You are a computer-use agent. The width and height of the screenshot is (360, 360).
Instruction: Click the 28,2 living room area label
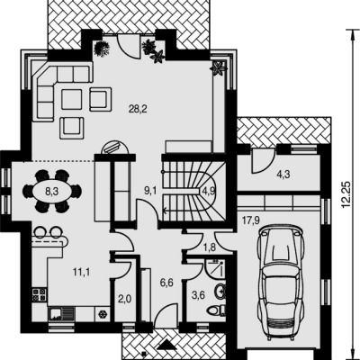click(x=138, y=109)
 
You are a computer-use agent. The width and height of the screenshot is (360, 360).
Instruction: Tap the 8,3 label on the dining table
click(x=51, y=192)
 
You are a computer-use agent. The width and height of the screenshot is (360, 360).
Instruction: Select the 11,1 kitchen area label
click(x=81, y=272)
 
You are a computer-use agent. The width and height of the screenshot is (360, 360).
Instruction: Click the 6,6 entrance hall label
click(x=166, y=283)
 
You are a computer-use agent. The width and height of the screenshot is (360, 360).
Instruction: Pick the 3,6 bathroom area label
click(x=198, y=295)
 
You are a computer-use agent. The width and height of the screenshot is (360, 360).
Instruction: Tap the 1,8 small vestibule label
click(x=210, y=247)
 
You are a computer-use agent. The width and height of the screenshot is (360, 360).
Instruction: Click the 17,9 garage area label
click(x=251, y=221)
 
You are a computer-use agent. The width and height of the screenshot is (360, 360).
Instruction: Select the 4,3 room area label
click(x=283, y=175)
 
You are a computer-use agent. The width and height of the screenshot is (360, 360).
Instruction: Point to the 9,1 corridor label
click(x=150, y=191)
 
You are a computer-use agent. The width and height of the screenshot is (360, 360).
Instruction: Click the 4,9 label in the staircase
click(x=209, y=191)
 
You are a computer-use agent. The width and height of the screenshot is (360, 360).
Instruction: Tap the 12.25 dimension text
click(x=346, y=194)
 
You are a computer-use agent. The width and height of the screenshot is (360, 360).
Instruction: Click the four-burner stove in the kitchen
click(x=40, y=294)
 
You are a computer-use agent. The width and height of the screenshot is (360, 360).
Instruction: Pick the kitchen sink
click(x=61, y=314)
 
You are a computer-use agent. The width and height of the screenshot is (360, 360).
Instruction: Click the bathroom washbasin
click(x=220, y=291)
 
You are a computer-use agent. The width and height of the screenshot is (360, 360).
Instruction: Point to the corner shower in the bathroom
click(x=215, y=267)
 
